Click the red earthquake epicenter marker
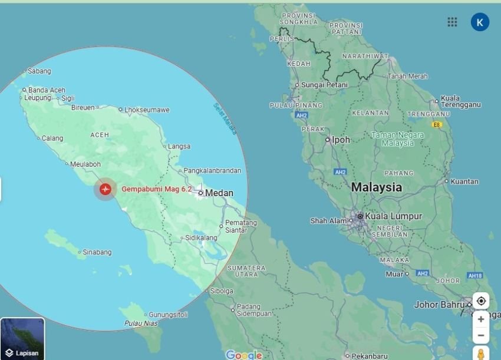105,189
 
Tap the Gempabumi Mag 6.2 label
156,189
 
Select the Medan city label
219,193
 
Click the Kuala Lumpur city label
393,216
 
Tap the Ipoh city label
341,140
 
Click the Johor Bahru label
439,305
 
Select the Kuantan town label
464,181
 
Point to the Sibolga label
222,291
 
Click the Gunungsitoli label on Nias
168,315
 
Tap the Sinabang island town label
97,252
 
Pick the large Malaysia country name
377,188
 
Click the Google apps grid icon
452,22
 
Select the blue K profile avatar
480,22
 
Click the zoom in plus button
481,319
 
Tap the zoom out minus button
481,335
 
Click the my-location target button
481,300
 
